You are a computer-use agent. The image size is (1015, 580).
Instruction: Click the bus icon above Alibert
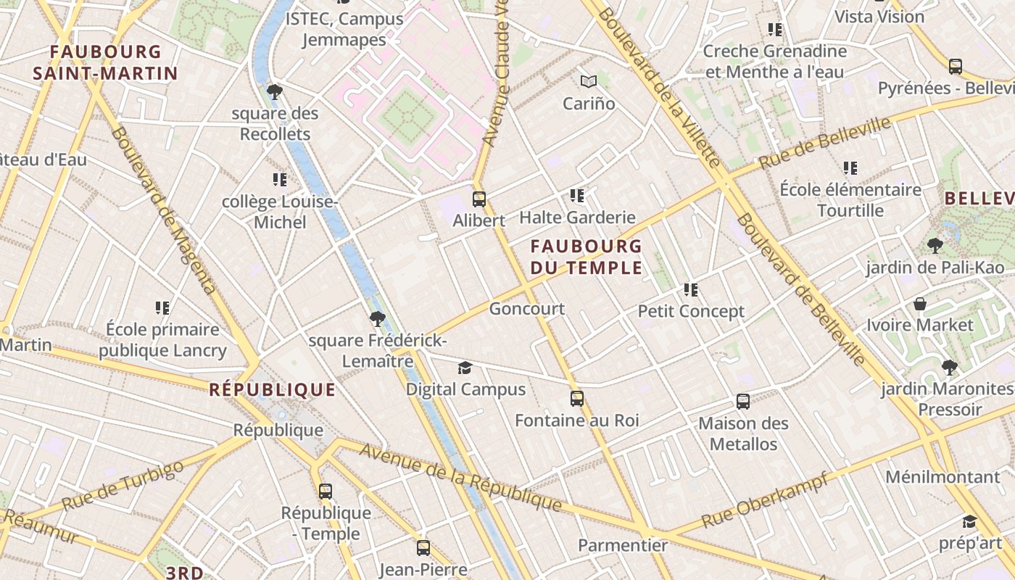tap(478, 199)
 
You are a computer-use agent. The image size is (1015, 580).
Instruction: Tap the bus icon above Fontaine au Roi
tap(576, 398)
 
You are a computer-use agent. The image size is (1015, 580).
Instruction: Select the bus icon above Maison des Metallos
tap(742, 401)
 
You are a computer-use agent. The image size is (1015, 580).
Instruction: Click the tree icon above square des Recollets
tap(275, 91)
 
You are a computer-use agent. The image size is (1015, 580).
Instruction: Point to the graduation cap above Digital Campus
tap(465, 368)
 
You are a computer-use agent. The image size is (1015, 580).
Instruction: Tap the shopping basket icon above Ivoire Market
tap(920, 303)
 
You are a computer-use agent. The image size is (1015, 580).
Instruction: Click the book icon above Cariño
tap(589, 81)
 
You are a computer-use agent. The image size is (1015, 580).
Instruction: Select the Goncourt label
tap(526, 309)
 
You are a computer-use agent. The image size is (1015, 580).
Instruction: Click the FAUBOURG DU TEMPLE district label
tap(586, 257)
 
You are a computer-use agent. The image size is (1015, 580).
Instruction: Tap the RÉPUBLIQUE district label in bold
tap(273, 390)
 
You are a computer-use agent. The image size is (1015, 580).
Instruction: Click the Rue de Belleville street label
tap(824, 143)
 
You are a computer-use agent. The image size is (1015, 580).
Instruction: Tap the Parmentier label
tap(623, 545)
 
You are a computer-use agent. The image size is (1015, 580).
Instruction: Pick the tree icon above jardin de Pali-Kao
tap(935, 245)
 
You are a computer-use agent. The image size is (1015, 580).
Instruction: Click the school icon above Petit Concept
tap(691, 290)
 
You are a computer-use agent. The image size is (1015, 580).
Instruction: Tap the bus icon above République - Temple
tap(326, 491)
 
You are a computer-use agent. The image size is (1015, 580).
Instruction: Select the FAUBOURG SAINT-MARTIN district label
tap(105, 62)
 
